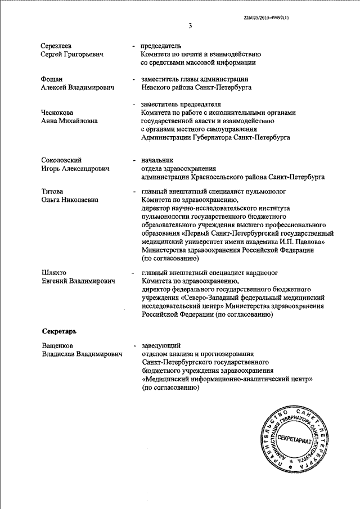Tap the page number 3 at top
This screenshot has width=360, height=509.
[x=190, y=26]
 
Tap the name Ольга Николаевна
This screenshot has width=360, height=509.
[x=70, y=200]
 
